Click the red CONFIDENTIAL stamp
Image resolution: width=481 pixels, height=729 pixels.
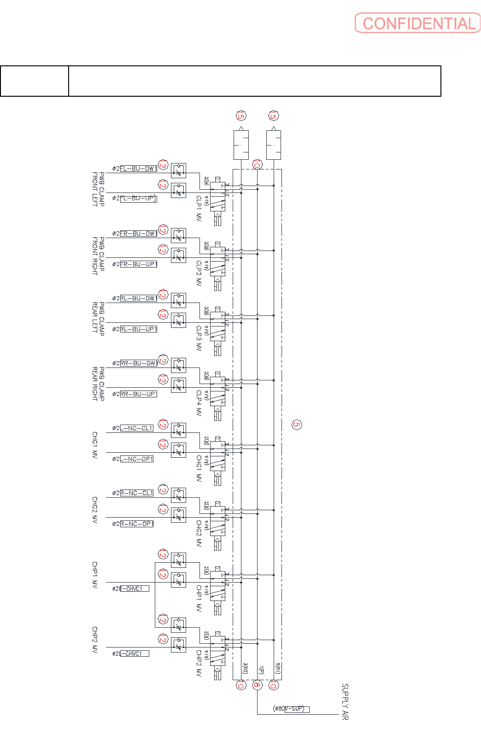417,23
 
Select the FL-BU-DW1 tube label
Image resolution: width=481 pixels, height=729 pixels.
138,169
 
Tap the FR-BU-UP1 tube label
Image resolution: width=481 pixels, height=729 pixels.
138,264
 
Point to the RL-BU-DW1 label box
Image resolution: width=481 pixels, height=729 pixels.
138,298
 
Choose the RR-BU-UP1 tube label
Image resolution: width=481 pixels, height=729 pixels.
138,394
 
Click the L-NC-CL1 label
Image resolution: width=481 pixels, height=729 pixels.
136,428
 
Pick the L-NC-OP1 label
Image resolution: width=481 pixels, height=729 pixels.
136,459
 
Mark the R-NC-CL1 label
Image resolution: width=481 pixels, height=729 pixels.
136,493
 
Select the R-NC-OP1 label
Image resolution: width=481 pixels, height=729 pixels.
136,524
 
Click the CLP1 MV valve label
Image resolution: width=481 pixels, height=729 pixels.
199,209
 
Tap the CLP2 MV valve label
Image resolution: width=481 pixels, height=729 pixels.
199,274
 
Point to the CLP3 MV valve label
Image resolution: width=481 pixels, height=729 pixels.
199,338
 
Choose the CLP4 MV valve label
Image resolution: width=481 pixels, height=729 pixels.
199,403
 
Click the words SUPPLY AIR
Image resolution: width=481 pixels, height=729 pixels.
345,702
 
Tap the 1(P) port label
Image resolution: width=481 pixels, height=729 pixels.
261,670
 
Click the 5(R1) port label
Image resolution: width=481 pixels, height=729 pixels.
278,669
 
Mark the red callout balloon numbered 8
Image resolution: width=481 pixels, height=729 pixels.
257,685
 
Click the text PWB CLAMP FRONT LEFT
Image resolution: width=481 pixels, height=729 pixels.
98,189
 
